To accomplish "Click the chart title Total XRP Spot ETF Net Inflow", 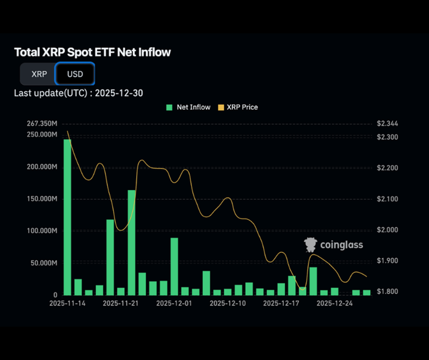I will pos(92,52).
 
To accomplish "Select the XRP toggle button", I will pos(39,74).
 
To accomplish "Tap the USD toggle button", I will pos(75,74).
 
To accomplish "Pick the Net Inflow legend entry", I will pos(189,107).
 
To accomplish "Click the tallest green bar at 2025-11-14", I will pos(67,217).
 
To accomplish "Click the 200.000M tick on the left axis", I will pos(42,167).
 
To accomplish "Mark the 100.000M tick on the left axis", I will pos(42,231).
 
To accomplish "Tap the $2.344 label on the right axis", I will pos(388,123).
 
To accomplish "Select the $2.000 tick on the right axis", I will pos(388,229).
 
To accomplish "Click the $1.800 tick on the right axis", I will pos(388,291).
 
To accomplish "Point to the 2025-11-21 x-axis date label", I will pos(120,303).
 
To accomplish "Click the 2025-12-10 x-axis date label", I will pos(228,303).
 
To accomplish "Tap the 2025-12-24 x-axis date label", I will pos(335,303).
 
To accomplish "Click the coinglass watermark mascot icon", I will pos(310,245).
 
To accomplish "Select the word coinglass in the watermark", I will pos(341,245).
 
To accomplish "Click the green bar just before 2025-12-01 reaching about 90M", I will pos(174,266).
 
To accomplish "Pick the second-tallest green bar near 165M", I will pos(132,242).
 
